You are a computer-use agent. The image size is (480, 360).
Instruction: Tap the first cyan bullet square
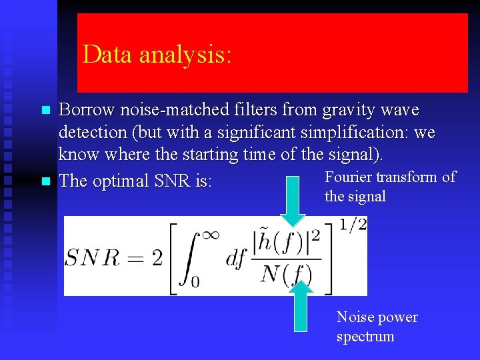coord(45,110)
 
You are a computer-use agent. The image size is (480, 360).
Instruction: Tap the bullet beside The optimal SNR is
coord(45,181)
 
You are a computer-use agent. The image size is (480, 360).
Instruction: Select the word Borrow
coord(83,110)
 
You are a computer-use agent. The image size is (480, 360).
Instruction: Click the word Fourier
coord(348,177)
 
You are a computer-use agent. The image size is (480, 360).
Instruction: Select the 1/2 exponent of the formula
coord(353,225)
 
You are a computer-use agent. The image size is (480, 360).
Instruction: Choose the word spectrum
coord(365,337)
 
